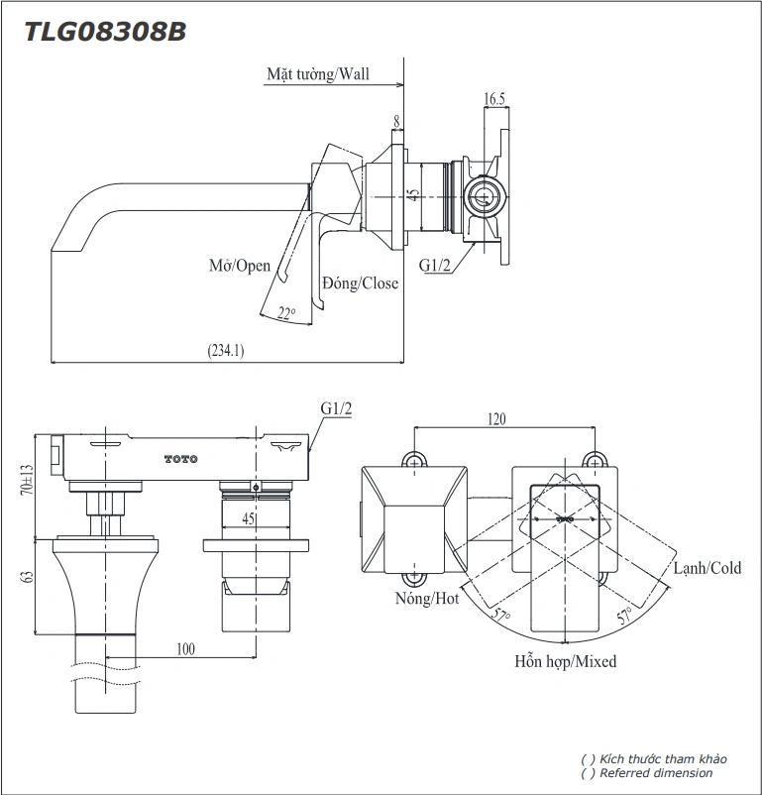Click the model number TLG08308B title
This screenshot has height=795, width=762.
click(x=104, y=31)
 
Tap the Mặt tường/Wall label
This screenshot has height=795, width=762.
click(x=317, y=74)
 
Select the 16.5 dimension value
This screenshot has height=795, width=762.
click(x=494, y=98)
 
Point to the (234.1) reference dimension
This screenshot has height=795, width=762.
click(x=226, y=350)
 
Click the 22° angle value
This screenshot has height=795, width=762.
click(x=286, y=313)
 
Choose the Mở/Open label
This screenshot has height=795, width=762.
click(x=240, y=266)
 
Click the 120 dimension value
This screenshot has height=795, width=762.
click(x=495, y=419)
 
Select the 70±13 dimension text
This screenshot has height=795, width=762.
click(x=27, y=480)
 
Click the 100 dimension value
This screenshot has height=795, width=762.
click(x=185, y=648)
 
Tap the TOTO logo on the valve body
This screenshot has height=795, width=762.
click(x=180, y=458)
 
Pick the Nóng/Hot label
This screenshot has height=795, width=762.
click(x=427, y=599)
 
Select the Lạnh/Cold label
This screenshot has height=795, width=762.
click(x=707, y=568)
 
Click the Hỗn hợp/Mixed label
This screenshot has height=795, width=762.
click(x=565, y=661)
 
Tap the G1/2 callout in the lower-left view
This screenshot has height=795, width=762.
click(x=336, y=408)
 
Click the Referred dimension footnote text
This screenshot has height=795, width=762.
click(x=654, y=773)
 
